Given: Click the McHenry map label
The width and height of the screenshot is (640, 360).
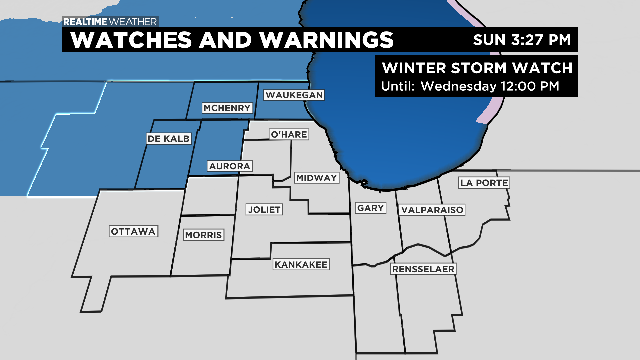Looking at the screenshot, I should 218,108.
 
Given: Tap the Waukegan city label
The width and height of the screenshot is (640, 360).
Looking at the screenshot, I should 294,94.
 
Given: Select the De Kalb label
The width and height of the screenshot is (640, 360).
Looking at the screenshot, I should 161,139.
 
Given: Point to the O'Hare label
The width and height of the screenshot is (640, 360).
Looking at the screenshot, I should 288,135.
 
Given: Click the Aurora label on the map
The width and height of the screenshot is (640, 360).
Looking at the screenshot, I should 229,165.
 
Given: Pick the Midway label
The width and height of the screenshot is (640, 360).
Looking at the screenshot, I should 317,177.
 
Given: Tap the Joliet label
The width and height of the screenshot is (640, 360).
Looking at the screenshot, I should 265,209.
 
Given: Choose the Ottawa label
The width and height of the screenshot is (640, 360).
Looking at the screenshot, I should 134,231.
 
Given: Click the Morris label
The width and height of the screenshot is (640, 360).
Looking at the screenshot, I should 203,235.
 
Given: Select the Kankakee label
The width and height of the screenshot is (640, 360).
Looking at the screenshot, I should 298,265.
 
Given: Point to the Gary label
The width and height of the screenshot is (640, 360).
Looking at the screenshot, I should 369,208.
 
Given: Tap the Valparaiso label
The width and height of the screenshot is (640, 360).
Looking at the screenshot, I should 431,210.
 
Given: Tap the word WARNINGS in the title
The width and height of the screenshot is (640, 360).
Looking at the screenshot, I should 322,40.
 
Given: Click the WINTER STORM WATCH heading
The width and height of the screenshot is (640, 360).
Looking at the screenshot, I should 476,68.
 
